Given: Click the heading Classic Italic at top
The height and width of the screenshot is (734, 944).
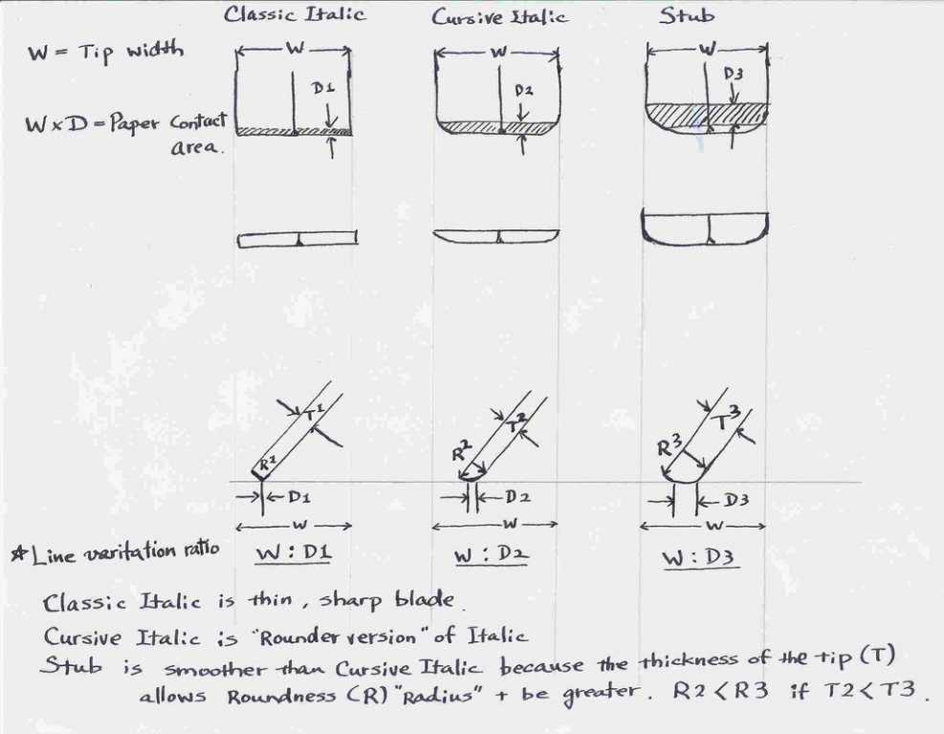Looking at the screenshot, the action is [295, 13].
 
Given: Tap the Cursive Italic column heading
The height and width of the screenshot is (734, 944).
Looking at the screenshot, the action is [499, 16].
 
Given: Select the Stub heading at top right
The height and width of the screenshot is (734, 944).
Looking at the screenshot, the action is [687, 15].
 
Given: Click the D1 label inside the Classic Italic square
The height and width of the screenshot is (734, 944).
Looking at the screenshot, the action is [322, 88].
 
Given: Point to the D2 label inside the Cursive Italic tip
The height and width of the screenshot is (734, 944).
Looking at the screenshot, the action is [523, 90].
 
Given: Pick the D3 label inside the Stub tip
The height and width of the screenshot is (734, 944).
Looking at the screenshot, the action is [733, 74].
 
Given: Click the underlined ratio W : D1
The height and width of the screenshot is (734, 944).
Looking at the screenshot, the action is [294, 553].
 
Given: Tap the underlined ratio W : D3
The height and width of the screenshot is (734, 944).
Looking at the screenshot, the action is [700, 558].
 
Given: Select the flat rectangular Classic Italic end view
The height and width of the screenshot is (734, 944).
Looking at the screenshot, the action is [297, 240].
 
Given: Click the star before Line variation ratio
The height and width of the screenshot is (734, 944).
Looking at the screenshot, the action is [19, 551].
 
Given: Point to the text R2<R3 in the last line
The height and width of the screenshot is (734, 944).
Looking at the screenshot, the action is [720, 690].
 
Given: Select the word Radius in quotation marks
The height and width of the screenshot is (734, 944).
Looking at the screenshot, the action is [438, 696].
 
